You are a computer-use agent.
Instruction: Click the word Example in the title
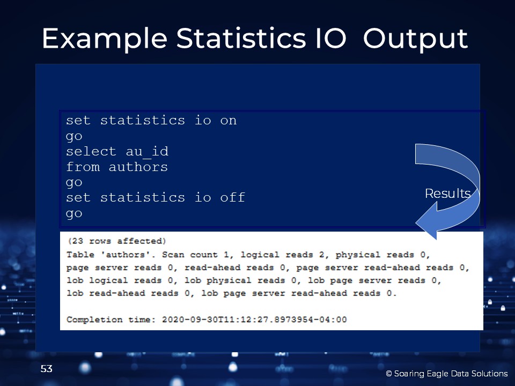tap(105, 39)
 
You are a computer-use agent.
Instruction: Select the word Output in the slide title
tap(415, 39)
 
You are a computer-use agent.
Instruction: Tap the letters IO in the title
tap(330, 38)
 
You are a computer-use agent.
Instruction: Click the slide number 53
tap(46, 369)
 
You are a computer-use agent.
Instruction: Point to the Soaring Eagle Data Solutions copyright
tap(447, 374)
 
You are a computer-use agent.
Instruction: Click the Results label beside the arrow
tap(447, 194)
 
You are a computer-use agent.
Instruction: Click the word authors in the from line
tap(138, 167)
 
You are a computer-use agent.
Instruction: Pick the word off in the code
tap(232, 197)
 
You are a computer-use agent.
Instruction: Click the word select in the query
tap(91, 151)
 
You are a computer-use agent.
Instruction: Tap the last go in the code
tap(74, 214)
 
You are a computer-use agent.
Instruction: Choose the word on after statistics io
tap(229, 121)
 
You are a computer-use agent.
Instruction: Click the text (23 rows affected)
tap(117, 241)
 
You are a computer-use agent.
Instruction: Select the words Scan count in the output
tap(189, 254)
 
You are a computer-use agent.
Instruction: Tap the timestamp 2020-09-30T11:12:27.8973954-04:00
tap(254, 320)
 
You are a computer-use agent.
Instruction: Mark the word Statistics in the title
tap(241, 38)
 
